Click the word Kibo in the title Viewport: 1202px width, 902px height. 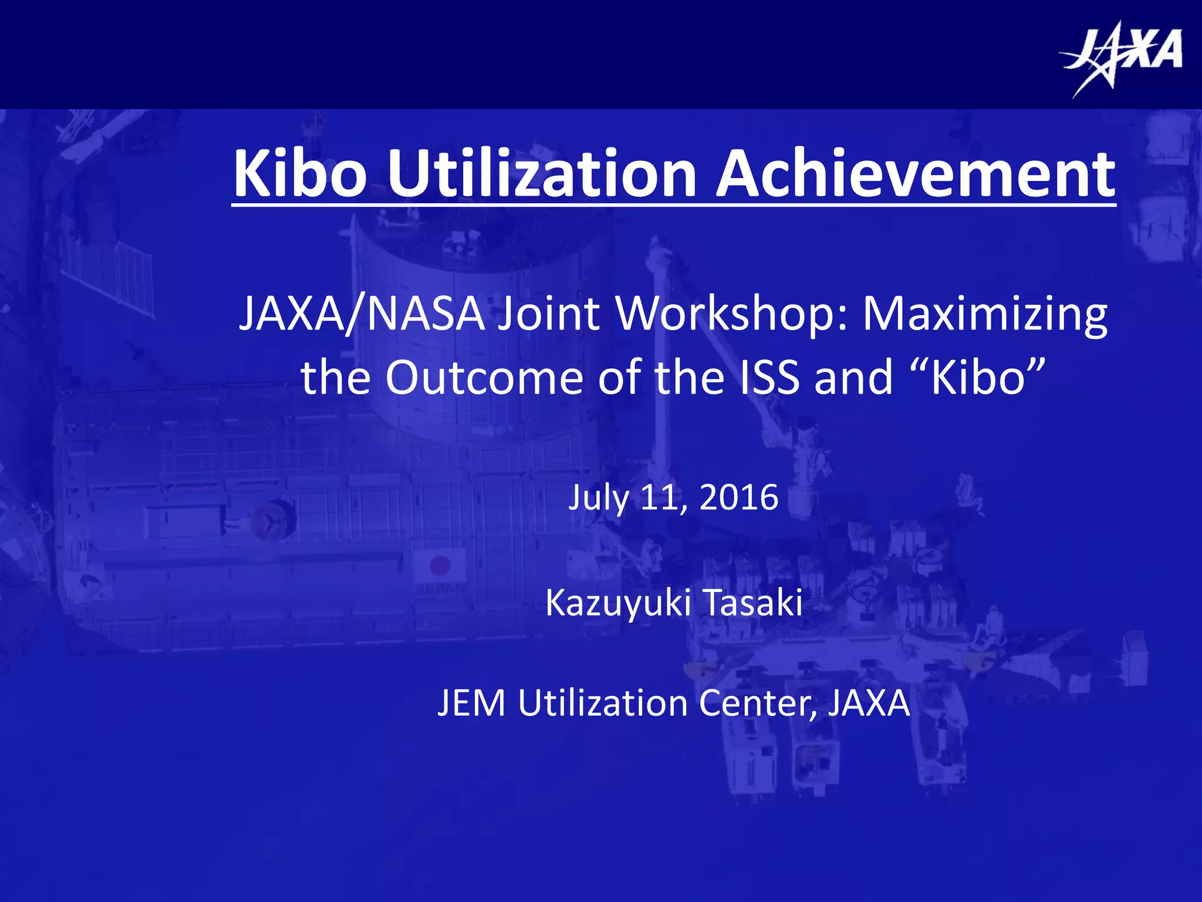pos(300,174)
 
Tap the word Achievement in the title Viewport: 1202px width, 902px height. pos(915,174)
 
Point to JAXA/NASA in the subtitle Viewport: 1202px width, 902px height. pos(362,314)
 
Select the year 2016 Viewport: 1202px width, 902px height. pos(739,497)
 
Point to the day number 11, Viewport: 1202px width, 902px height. pos(663,499)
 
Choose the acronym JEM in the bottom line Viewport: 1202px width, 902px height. pos(471,703)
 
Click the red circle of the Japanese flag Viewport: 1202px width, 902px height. pos(440,566)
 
